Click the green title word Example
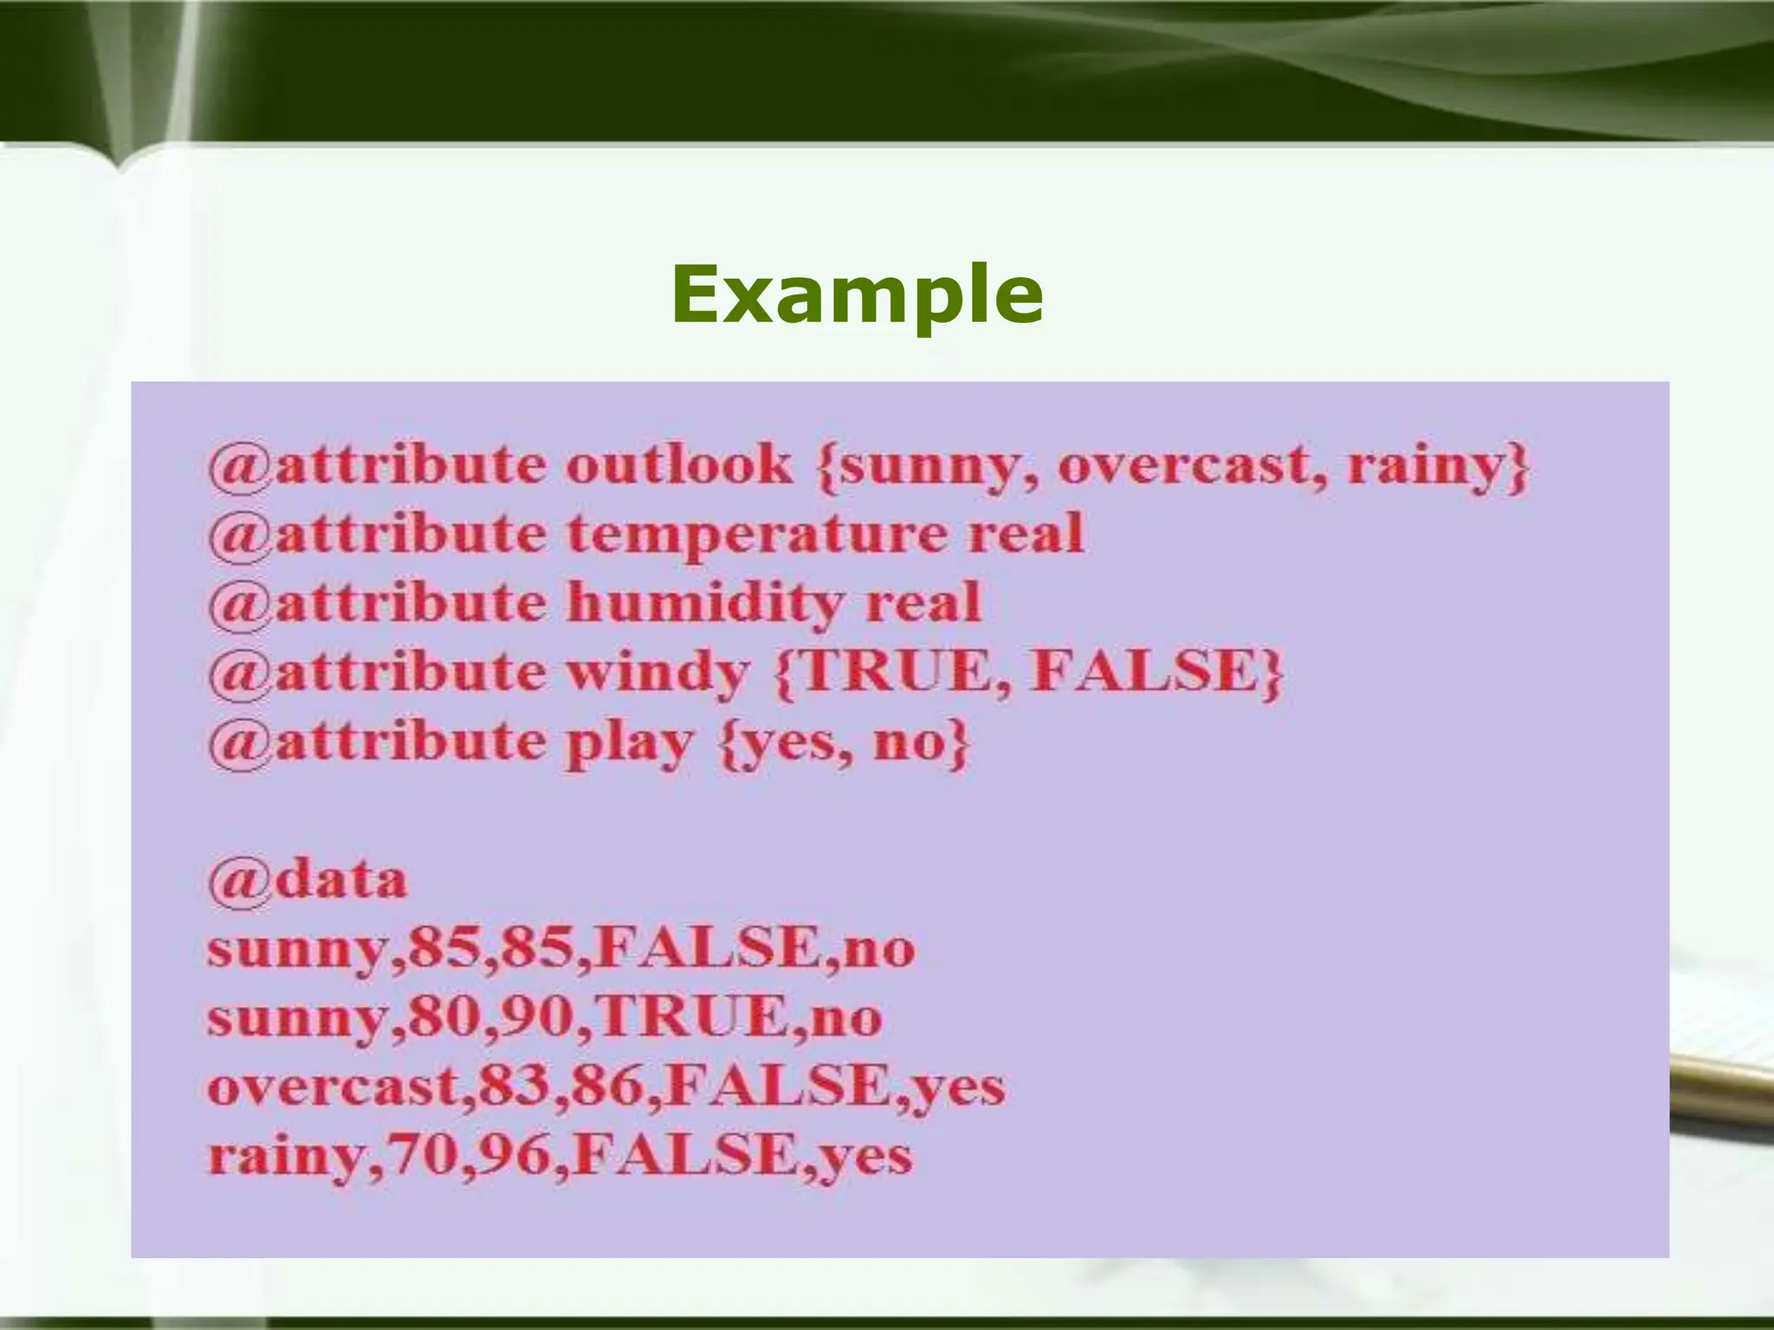pos(857,296)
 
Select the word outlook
pos(678,465)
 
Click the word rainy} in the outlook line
pos(1438,466)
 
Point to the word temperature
pos(757,533)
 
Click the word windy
pos(658,673)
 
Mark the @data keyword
pos(307,881)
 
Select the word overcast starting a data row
pos(333,1087)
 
